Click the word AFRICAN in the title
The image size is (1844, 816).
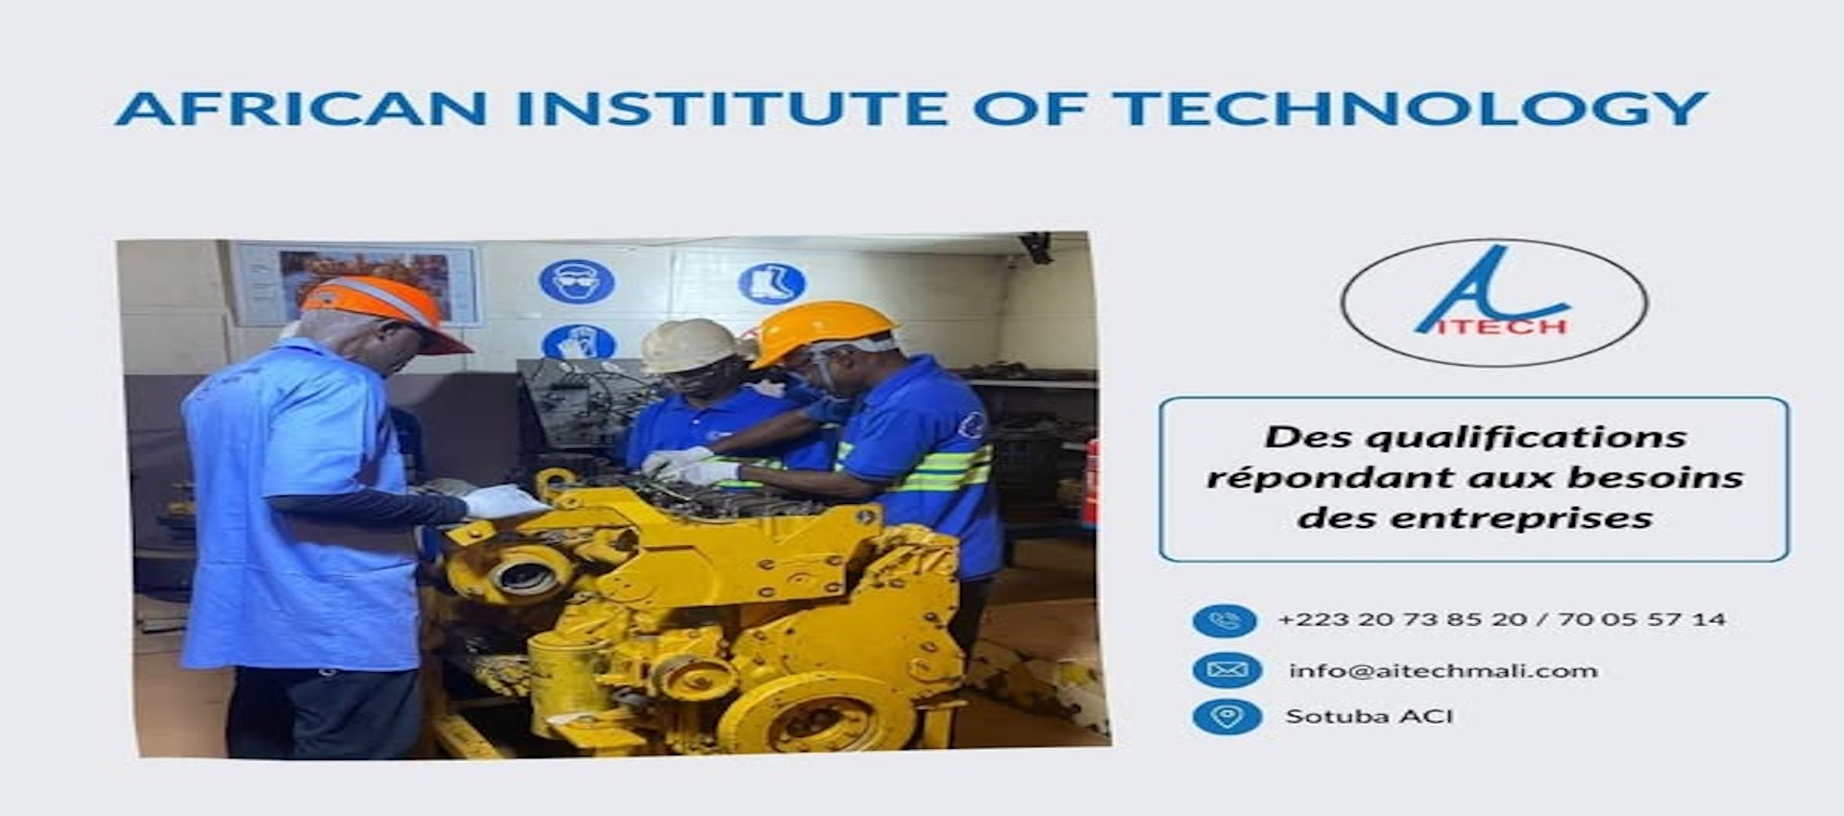[x=302, y=108]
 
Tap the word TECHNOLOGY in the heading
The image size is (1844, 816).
[x=1409, y=108]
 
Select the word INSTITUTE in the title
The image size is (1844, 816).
[x=733, y=108]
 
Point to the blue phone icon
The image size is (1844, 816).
[x=1225, y=620]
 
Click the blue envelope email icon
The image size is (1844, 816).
[x=1226, y=670]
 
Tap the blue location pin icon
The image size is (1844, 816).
[x=1226, y=716]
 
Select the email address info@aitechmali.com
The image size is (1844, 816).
[x=1443, y=671]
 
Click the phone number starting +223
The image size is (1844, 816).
[x=1501, y=619]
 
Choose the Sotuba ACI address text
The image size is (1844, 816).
[x=1369, y=716]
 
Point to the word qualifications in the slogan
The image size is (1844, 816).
[x=1525, y=438]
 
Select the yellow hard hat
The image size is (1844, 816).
[x=822, y=332]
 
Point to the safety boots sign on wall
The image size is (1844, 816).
[x=771, y=283]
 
